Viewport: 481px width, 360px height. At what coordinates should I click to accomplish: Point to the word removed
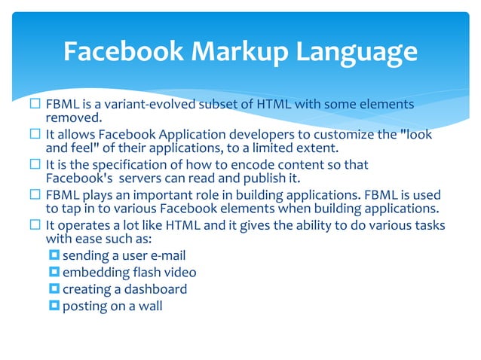(74, 117)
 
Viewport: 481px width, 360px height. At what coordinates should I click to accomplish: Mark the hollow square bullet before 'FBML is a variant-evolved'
(35, 104)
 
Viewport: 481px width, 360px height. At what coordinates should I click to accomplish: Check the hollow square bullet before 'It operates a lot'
(35, 226)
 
